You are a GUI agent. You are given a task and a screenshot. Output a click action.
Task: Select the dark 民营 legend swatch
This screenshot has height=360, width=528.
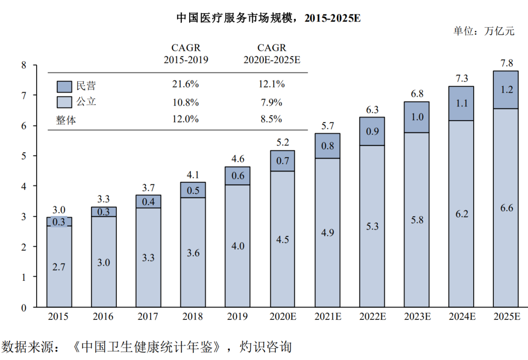[x=64, y=86]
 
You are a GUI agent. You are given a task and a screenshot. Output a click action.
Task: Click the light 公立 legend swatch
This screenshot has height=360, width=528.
[x=64, y=102]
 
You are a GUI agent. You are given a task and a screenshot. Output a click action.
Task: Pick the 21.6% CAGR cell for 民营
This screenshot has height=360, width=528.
[x=186, y=84]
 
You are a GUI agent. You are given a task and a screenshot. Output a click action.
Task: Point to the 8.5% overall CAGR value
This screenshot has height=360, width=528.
[x=271, y=119]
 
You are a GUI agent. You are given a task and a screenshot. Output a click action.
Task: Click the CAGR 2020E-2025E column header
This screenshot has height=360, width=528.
[x=272, y=54]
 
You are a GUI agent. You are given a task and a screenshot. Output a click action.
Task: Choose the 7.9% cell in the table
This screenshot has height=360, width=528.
[x=271, y=102]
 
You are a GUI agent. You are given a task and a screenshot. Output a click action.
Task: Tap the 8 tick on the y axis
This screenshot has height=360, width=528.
[x=23, y=65]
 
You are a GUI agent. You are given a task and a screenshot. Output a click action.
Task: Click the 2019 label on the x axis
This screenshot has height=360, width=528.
[x=237, y=317]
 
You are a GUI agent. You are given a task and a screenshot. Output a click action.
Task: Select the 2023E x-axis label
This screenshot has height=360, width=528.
[x=417, y=317]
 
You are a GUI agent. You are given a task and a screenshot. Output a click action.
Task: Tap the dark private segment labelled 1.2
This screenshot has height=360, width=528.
[x=506, y=90]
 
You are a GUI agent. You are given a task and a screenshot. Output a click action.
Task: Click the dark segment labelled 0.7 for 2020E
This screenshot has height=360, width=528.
[x=282, y=161]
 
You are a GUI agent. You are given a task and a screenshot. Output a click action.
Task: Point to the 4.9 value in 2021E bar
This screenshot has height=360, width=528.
[x=327, y=233]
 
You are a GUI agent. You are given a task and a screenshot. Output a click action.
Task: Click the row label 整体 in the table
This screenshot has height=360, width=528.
[x=66, y=120]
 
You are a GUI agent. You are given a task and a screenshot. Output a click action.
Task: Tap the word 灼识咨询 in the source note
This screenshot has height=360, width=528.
[x=266, y=347]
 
